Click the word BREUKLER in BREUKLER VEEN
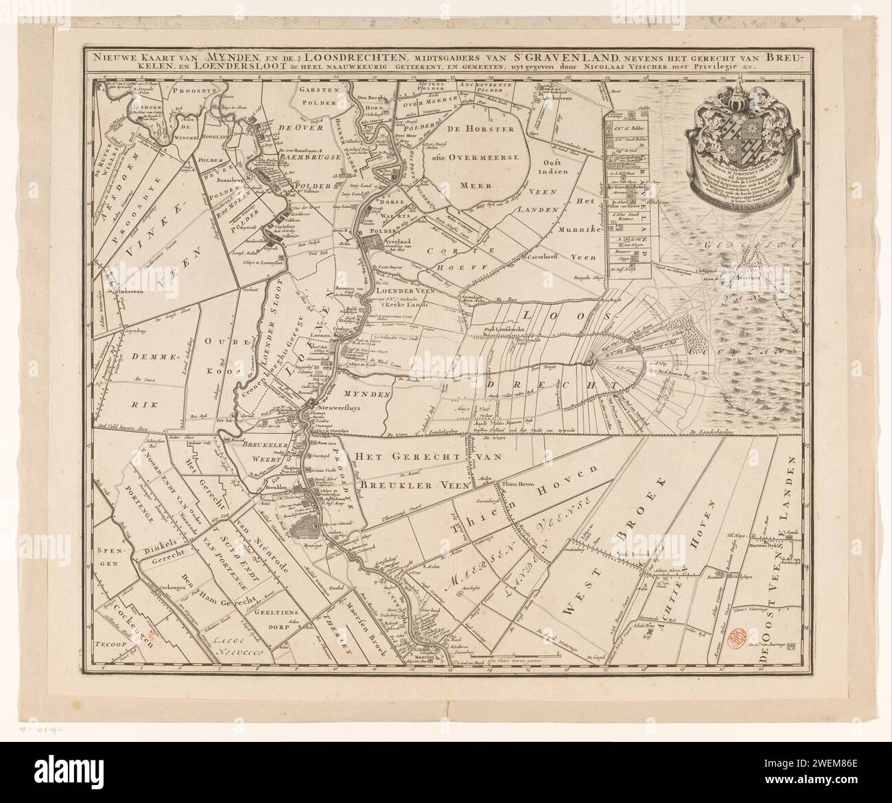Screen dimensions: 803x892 pyautogui.click(x=388, y=485)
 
